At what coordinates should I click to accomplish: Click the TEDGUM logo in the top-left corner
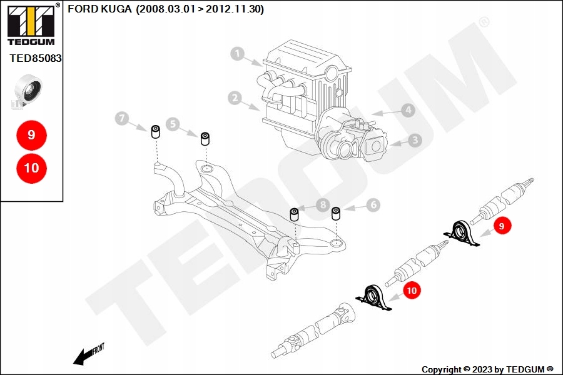[x=31, y=24]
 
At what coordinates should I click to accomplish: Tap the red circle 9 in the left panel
[x=31, y=134]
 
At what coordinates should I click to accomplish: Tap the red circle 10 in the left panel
[x=31, y=168]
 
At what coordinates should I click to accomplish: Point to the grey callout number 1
[x=237, y=53]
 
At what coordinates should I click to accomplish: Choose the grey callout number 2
[x=235, y=98]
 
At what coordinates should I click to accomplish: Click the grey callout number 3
[x=415, y=141]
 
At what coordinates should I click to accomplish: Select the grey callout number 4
[x=408, y=111]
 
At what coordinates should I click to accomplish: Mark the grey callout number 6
[x=373, y=204]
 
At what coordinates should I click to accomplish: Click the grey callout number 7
[x=123, y=117]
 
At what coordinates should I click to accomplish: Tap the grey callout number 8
[x=322, y=204]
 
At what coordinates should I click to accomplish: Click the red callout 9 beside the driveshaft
[x=502, y=226]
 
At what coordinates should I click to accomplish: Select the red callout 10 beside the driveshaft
[x=411, y=290]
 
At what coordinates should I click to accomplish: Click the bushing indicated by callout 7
[x=156, y=131]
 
